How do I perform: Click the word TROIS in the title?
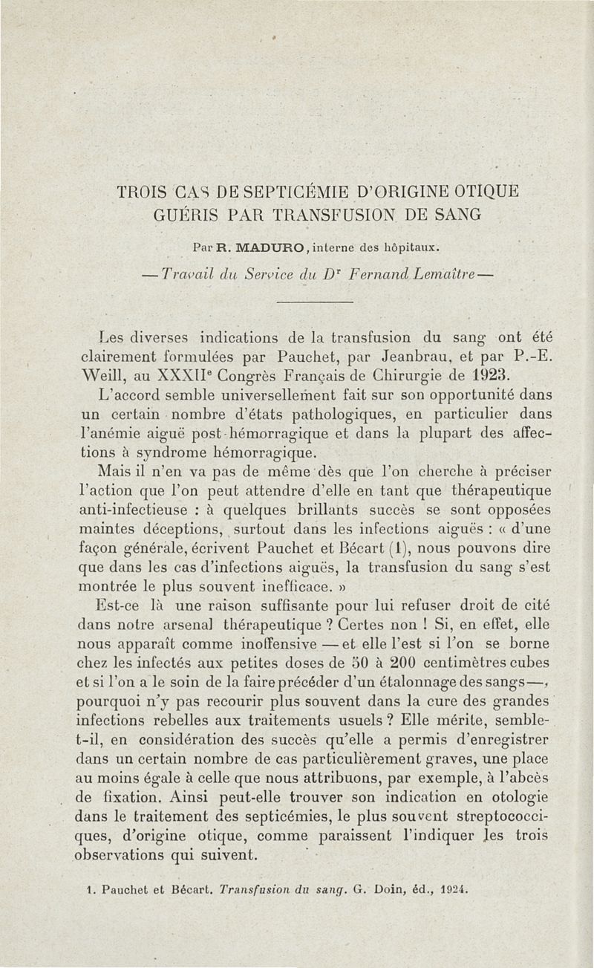(143, 192)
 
